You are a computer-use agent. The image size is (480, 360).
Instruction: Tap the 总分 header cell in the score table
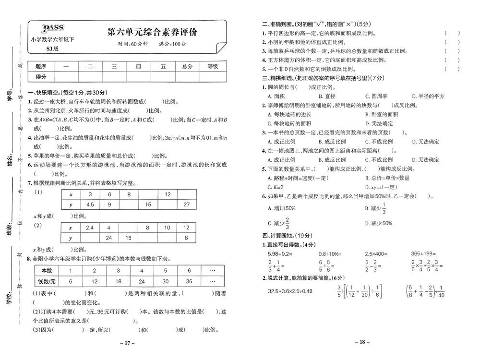(187, 66)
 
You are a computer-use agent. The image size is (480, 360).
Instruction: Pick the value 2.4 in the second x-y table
(89, 228)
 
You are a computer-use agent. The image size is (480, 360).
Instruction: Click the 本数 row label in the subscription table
(47, 270)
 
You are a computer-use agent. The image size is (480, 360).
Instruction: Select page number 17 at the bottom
(126, 343)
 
